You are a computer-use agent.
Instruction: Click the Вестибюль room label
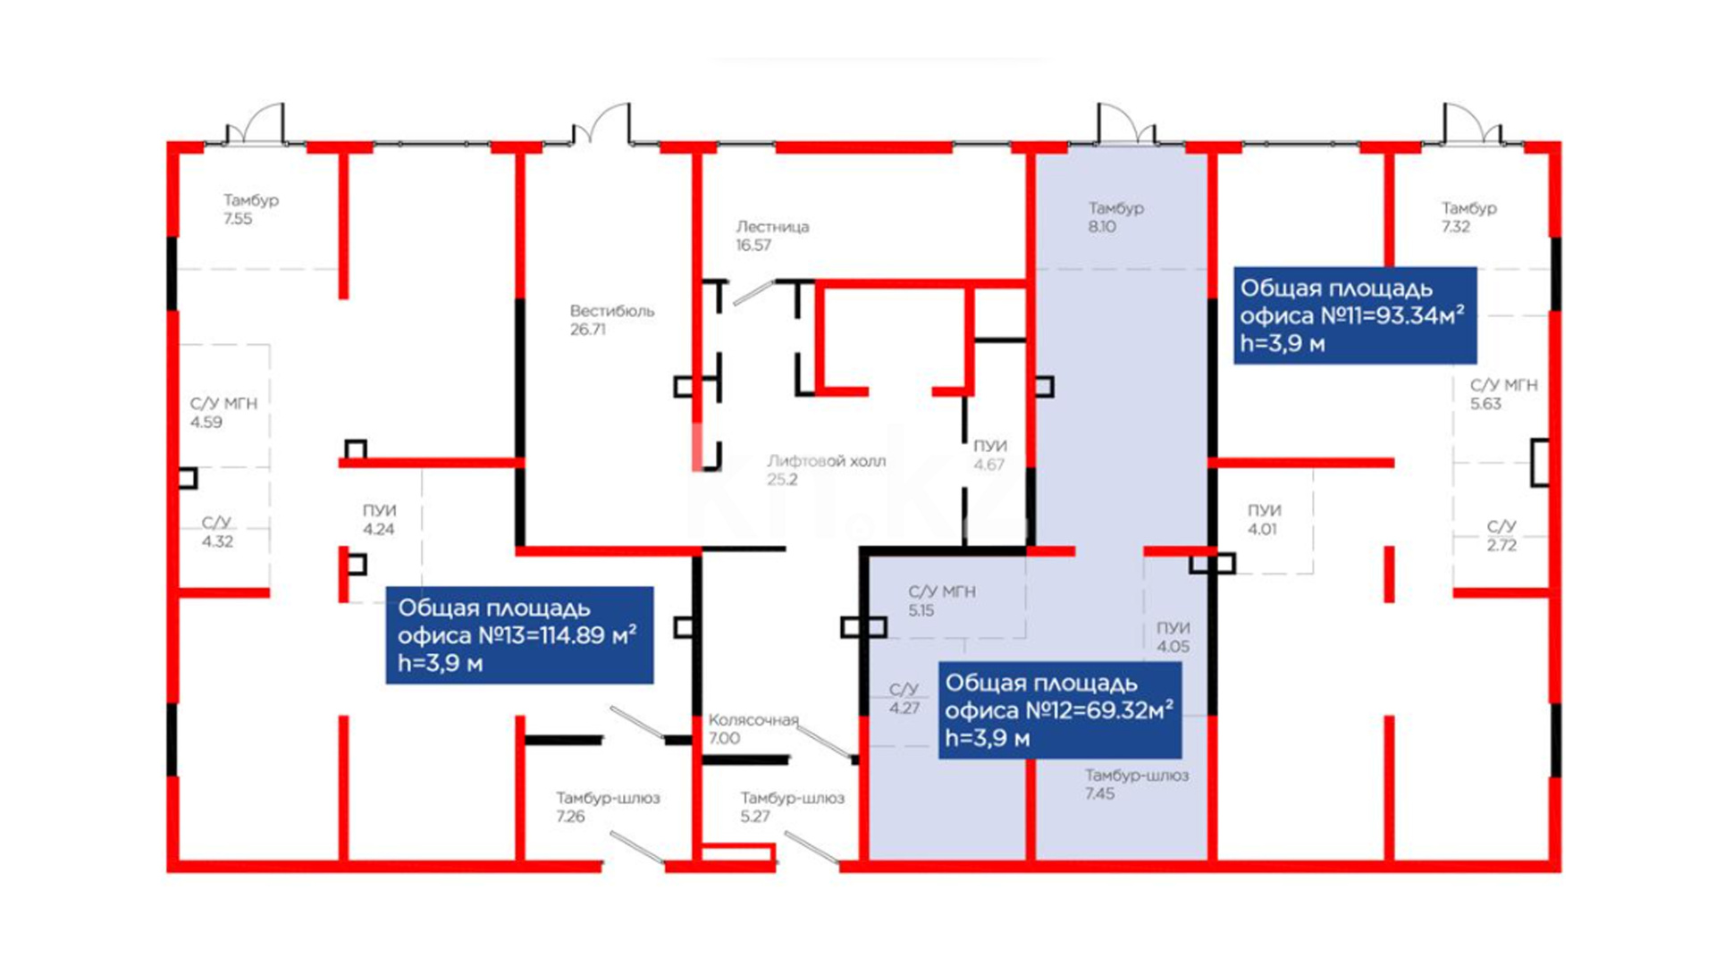(612, 311)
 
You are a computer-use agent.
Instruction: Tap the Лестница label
(772, 227)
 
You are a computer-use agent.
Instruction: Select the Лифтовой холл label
(827, 461)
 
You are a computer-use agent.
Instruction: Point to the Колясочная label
(753, 720)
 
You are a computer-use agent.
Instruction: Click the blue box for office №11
(1355, 315)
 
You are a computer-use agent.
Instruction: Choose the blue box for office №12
(1060, 710)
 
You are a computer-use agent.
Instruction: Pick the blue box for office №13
(519, 635)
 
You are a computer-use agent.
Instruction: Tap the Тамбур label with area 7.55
(251, 200)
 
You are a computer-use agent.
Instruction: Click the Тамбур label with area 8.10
(1115, 208)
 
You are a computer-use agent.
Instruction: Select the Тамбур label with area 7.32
(1468, 208)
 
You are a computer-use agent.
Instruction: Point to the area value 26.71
(588, 330)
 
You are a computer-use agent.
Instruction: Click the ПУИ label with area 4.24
(379, 510)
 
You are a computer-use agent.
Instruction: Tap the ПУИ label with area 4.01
(1264, 510)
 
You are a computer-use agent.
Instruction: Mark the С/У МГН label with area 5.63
(1504, 385)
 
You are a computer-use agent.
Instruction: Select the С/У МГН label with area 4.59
(223, 404)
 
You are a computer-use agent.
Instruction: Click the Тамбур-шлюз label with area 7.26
(608, 798)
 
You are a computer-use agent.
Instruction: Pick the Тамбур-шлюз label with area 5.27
(792, 798)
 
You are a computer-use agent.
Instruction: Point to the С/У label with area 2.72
(1501, 526)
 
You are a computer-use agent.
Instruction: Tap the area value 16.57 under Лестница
(753, 246)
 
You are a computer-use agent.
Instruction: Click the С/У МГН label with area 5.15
(942, 592)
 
